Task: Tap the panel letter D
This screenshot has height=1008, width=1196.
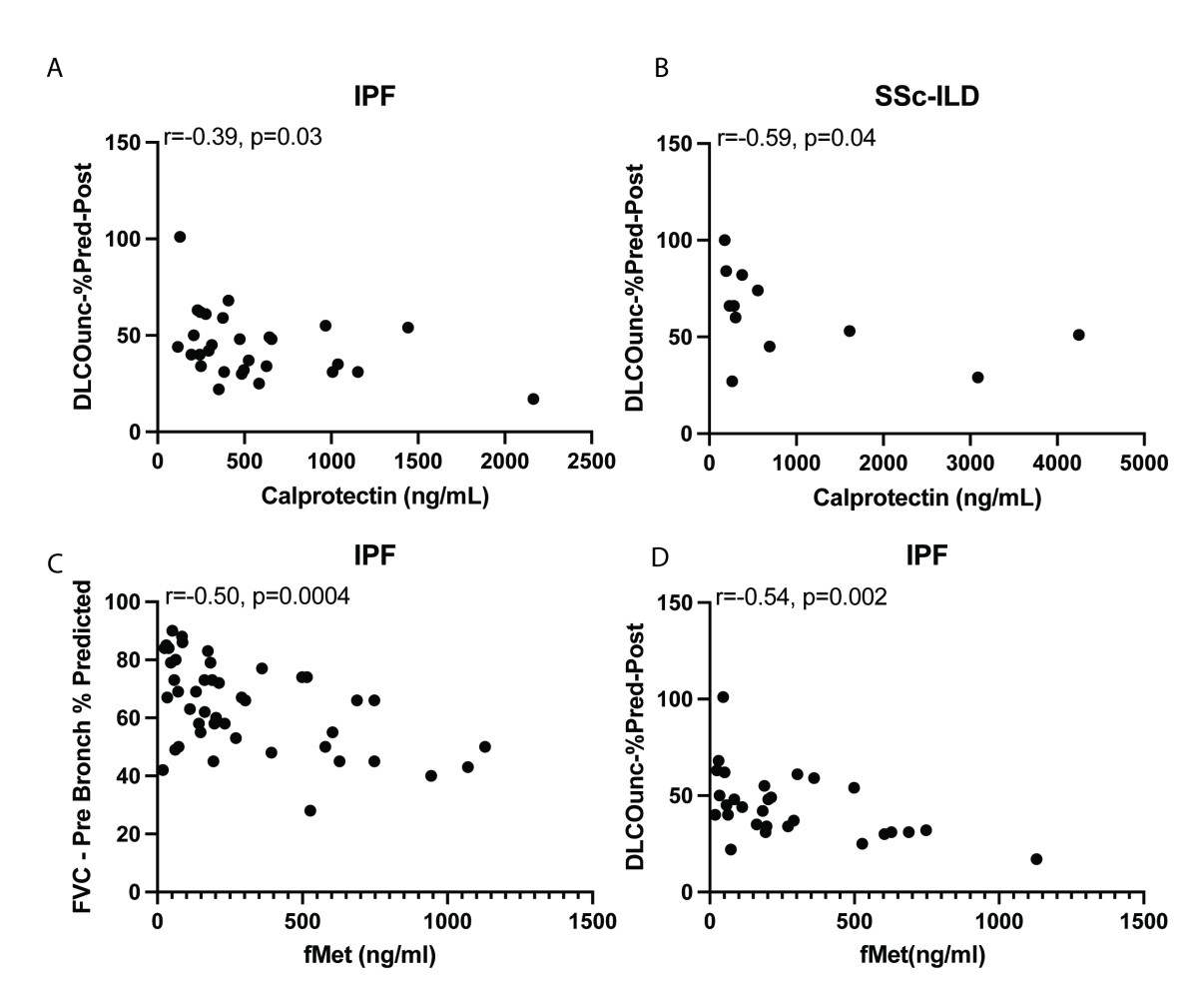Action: tap(659, 556)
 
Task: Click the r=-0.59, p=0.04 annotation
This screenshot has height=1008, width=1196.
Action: tap(796, 138)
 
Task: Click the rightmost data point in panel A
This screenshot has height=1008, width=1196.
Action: tap(533, 399)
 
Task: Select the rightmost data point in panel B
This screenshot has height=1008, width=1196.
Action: tap(1078, 335)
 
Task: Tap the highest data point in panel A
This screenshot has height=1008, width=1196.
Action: tap(180, 237)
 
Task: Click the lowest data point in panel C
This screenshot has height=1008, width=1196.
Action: tap(309, 810)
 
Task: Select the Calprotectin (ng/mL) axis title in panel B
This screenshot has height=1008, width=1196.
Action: tap(925, 498)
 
